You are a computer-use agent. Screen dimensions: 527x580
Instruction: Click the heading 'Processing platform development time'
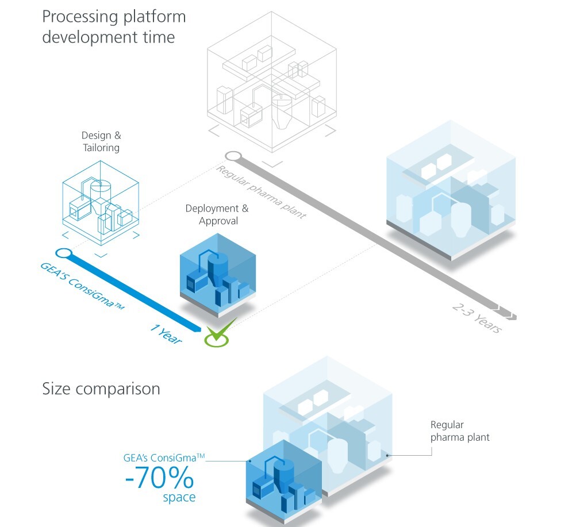[x=114, y=27]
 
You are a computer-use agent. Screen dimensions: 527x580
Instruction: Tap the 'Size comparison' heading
[x=101, y=389]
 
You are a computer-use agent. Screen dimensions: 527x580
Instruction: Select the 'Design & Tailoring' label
[x=101, y=142]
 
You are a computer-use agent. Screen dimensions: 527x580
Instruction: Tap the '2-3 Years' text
[x=477, y=317]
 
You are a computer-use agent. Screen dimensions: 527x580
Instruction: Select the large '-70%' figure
[x=159, y=477]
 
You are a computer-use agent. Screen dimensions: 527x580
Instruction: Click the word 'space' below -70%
[x=179, y=497]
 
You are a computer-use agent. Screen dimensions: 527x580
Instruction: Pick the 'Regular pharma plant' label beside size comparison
[x=460, y=431]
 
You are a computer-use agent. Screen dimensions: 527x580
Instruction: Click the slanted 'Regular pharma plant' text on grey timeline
[x=261, y=193]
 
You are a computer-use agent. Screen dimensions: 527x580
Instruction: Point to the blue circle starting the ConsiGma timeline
[x=63, y=253]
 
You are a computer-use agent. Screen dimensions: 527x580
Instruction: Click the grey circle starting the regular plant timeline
[x=232, y=156]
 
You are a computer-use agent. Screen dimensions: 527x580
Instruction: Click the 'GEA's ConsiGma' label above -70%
[x=164, y=458]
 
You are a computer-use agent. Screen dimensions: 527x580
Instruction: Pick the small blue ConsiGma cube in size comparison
[x=282, y=480]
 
